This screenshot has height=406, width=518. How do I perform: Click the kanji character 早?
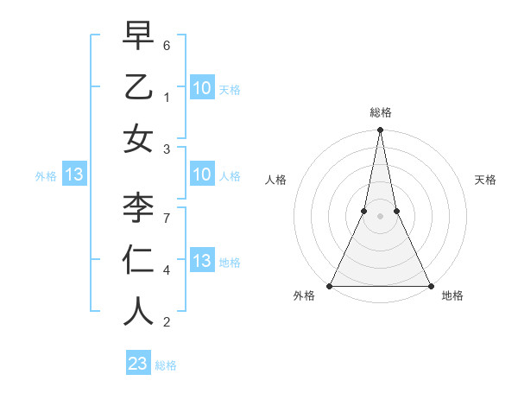pos(138,38)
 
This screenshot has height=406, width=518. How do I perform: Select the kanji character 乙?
pos(138,87)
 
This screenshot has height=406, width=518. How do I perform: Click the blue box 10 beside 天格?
pos(201,87)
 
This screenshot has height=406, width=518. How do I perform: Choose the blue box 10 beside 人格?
pos(201,175)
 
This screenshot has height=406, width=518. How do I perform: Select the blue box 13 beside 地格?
pos(201,261)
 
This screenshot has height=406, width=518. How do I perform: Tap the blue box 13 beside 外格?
pos(73,175)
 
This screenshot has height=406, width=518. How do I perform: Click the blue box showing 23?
pos(137,364)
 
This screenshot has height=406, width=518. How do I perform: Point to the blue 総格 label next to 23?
pos(166,365)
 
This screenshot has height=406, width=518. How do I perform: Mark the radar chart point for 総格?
pos(380,130)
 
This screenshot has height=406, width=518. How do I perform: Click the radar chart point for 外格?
pos(330,286)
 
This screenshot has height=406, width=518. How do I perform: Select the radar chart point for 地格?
pos(430,286)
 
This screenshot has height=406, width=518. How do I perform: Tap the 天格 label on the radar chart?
pos(485,180)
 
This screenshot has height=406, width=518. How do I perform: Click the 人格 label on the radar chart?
pos(275,180)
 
